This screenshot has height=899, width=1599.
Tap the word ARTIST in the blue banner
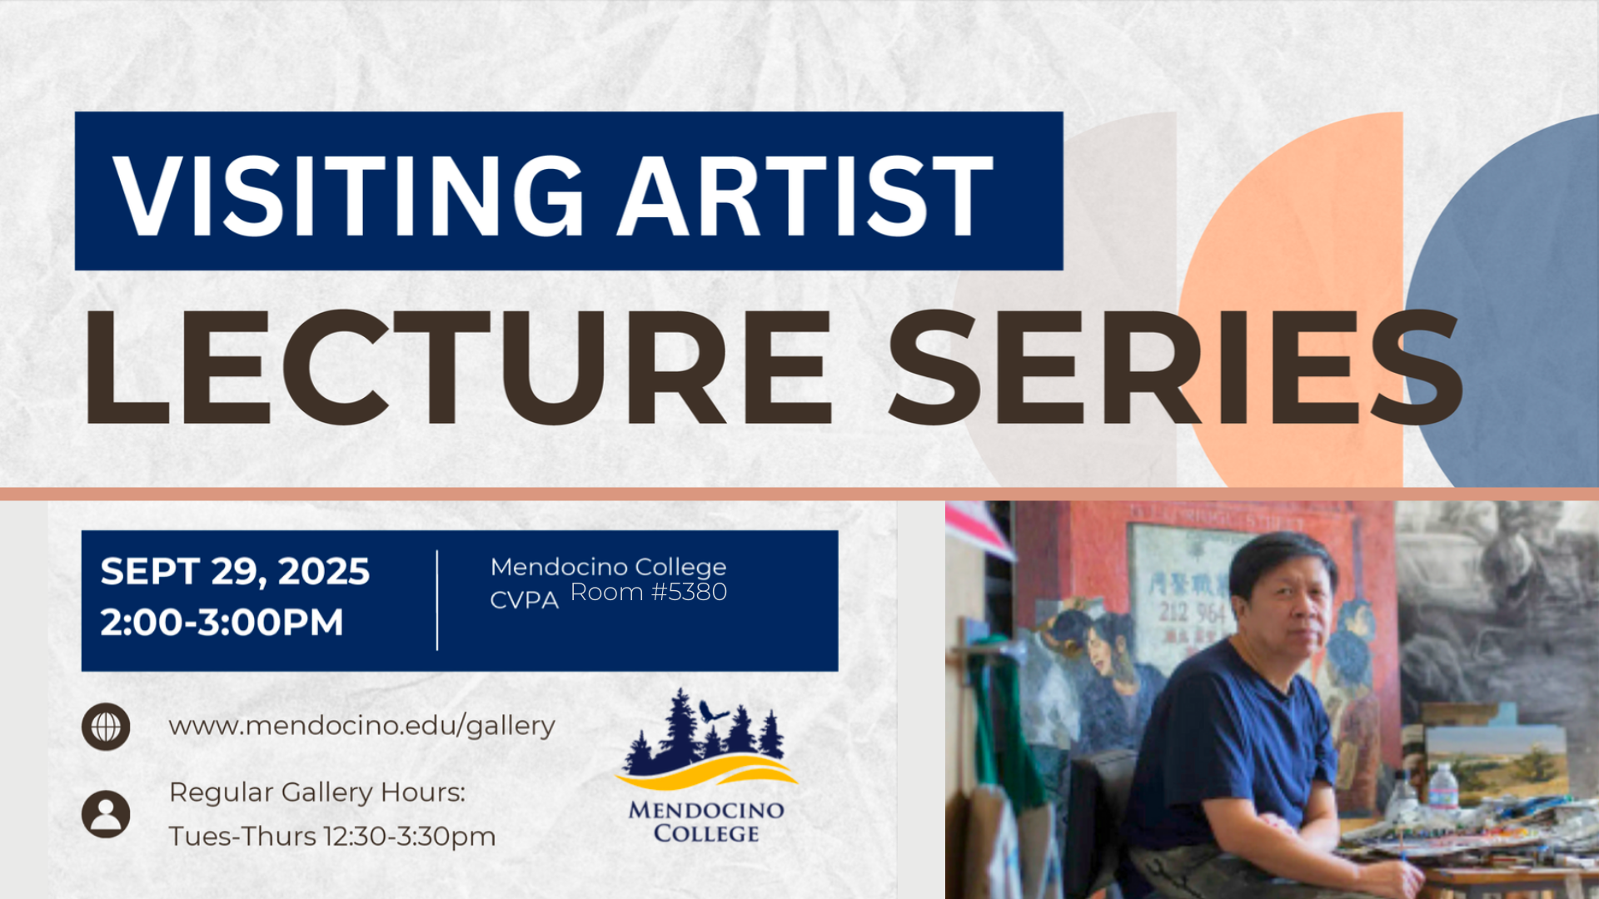(x=804, y=196)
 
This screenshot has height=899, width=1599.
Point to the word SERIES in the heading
(x=1175, y=367)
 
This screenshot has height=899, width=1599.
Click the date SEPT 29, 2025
(x=235, y=572)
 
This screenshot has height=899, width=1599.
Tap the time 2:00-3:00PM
(x=222, y=622)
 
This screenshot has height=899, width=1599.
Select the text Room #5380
(x=648, y=592)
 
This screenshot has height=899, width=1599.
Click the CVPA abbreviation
(x=524, y=600)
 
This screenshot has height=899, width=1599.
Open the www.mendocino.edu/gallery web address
(x=361, y=726)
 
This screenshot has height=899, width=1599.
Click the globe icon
(x=106, y=727)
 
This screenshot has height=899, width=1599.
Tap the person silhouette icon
(x=106, y=813)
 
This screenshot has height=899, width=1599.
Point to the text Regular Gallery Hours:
(x=317, y=792)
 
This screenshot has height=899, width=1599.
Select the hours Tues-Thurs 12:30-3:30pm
(x=332, y=836)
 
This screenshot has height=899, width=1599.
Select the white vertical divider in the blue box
(x=437, y=600)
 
